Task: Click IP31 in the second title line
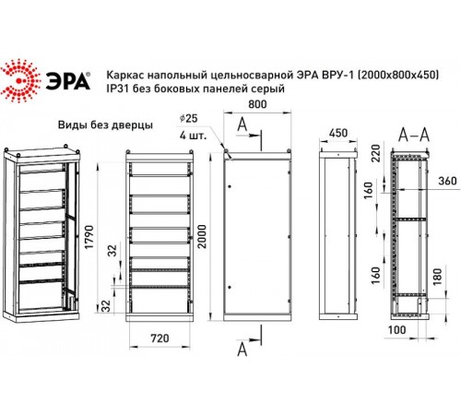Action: coord(118,89)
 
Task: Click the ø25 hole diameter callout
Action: coord(189,119)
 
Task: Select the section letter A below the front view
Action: coord(242,350)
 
